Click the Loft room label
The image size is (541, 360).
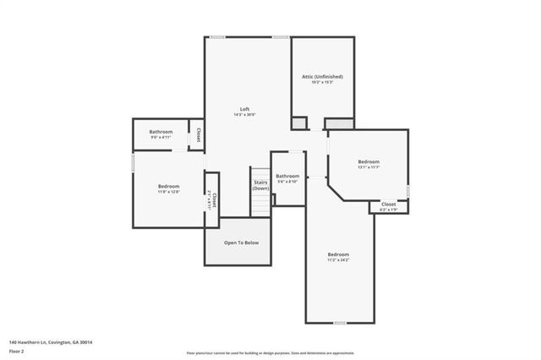244,108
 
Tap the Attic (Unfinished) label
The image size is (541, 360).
322,76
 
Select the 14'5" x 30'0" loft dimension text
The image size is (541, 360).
244,115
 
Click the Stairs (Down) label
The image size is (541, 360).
260,184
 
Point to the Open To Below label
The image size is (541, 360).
241,243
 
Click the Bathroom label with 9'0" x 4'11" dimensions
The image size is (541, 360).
161,132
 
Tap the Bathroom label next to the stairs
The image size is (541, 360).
287,176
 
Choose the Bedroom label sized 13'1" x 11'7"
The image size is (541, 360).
369,161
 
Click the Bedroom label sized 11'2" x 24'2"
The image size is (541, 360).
338,254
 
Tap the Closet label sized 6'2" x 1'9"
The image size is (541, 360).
388,204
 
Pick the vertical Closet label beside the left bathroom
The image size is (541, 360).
199,135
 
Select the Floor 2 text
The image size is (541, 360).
16,350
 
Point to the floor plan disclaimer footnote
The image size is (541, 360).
270,353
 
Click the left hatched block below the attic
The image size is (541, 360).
299,123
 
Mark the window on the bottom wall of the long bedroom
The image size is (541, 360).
340,323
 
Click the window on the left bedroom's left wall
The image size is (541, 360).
133,161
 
